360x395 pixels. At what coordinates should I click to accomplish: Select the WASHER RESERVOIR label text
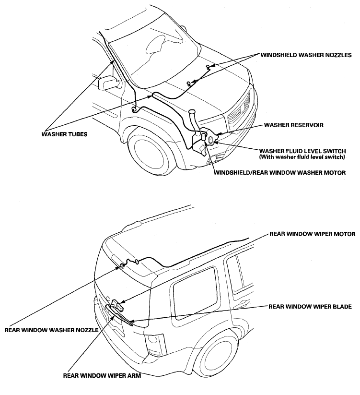294,125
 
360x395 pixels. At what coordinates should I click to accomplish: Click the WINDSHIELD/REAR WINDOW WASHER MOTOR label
279,172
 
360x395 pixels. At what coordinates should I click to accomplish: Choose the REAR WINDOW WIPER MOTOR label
313,235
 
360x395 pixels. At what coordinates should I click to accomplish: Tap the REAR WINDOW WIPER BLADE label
310,306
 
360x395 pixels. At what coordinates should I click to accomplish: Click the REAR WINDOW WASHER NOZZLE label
51,330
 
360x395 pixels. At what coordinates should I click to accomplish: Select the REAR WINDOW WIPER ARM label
102,376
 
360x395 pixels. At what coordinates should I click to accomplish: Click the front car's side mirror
108,83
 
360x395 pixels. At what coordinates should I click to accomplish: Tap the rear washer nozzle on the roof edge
124,264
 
